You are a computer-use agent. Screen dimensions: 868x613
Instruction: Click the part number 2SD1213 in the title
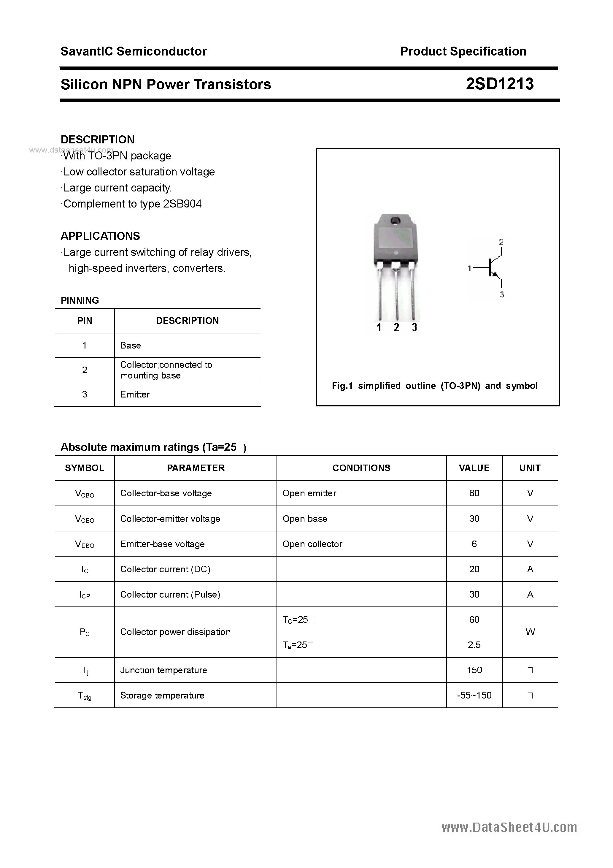(x=499, y=84)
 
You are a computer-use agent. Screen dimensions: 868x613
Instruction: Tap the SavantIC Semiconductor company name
(x=134, y=51)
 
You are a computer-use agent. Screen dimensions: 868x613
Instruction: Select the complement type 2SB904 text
(x=182, y=204)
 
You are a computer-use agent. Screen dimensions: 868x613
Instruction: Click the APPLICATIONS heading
(x=100, y=236)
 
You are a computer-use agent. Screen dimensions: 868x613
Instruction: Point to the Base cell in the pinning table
(x=130, y=345)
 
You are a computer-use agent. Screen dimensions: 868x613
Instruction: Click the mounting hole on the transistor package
(x=395, y=220)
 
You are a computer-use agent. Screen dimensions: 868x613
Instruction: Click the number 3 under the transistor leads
(x=414, y=327)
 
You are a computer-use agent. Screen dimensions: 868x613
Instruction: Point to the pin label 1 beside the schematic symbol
(x=469, y=268)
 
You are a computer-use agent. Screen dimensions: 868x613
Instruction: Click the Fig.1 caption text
(x=434, y=386)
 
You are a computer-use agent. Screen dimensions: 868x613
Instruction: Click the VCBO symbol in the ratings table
(x=84, y=493)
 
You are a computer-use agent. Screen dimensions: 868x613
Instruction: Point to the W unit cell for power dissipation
(x=530, y=632)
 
